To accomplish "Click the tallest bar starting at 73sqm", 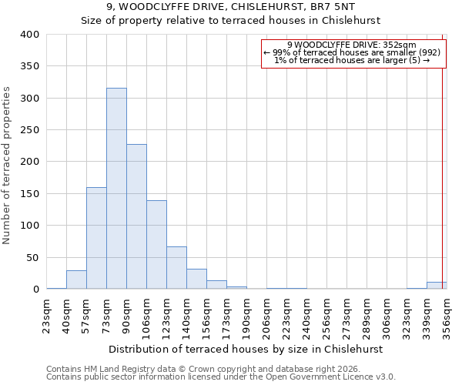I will [116, 189].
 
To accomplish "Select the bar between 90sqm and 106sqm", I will [136, 216].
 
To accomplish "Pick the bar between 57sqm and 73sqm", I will [96, 238].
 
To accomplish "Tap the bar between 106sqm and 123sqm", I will [156, 245].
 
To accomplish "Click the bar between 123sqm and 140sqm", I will [176, 268].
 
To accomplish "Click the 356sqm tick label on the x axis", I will [447, 314].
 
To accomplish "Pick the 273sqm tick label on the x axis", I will [346, 314].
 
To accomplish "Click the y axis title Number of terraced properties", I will [8, 166].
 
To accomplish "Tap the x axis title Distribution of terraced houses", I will [246, 349].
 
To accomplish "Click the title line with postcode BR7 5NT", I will [231, 7].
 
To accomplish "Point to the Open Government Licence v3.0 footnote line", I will [221, 377].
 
